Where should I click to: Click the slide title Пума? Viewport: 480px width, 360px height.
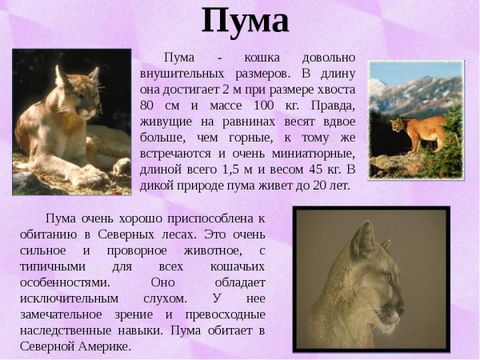pyautogui.click(x=244, y=21)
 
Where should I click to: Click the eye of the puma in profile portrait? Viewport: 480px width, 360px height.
pyautogui.click(x=389, y=277)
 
